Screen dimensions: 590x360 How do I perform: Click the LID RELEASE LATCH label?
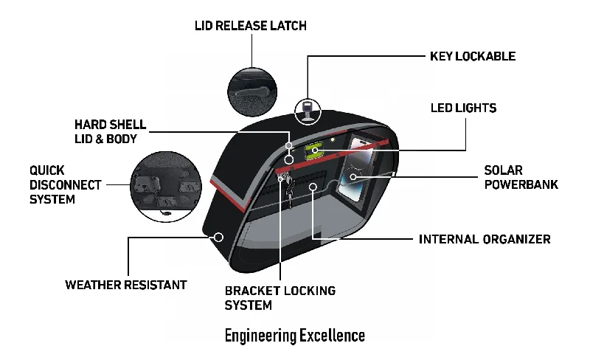coord(251,26)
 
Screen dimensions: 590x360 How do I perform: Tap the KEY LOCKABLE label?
coord(473,56)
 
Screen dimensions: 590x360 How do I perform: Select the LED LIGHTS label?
coord(464,108)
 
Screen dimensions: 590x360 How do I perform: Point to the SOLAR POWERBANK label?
coord(521,177)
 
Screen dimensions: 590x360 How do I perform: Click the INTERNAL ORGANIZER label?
coord(485,239)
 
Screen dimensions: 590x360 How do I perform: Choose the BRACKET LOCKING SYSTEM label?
coord(280,298)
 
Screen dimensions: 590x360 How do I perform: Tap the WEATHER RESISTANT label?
coord(126,285)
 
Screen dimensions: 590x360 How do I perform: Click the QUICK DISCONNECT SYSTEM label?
coord(66,184)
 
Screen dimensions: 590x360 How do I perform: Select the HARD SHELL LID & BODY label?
coord(110,132)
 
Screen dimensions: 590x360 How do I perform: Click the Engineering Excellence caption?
coord(294,336)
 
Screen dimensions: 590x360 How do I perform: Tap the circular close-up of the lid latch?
coord(252,92)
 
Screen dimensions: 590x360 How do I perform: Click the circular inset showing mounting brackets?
coord(166,187)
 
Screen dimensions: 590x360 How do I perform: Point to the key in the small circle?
coord(308,111)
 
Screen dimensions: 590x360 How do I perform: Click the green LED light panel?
coord(313,151)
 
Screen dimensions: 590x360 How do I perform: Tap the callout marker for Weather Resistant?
coord(218,238)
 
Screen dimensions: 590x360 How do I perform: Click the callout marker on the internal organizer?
coord(313,187)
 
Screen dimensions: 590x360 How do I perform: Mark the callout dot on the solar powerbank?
coord(353,176)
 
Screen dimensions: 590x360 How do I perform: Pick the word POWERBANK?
coord(521,184)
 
